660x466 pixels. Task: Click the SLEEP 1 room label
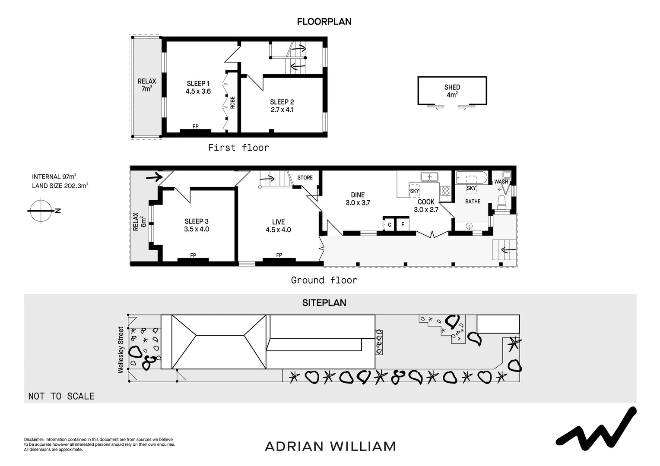pos(198,83)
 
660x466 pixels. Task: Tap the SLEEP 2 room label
pos(282,102)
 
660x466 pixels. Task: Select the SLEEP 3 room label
pos(197,221)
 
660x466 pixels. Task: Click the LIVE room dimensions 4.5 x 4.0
pos(278,230)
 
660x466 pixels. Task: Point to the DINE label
pos(358,195)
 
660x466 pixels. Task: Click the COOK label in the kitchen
pos(426,202)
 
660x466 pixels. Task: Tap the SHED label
pos(452,87)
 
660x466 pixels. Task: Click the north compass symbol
pos(41,211)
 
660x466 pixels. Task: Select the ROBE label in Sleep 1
pos(232,102)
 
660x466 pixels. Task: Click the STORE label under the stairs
pos(305,177)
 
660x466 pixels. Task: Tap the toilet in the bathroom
pos(502,202)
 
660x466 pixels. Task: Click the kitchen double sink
pos(429,176)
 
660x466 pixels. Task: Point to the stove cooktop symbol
pos(445,191)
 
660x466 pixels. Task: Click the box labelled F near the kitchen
pos(403,224)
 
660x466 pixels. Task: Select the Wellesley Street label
pos(121,349)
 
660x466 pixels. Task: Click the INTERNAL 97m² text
pos(54,176)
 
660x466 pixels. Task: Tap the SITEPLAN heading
pos(324,303)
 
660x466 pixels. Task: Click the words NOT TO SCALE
pos(61,396)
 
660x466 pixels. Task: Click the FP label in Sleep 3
pos(193,255)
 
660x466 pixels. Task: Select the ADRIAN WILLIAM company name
pos(330,446)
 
